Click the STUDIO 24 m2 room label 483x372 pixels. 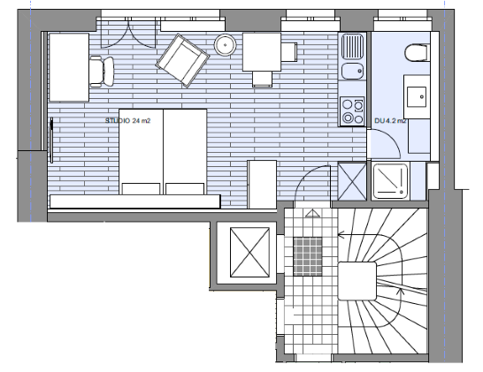click(128, 121)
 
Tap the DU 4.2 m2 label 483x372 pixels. click(390, 121)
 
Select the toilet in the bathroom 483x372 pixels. click(416, 53)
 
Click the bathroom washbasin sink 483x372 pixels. click(417, 97)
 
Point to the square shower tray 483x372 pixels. click(391, 181)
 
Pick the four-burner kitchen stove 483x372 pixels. click(352, 111)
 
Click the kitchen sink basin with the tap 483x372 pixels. click(352, 72)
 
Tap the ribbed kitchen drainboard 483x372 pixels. click(352, 47)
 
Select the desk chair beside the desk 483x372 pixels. click(103, 72)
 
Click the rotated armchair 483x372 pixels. click(182, 61)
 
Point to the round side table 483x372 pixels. click(226, 45)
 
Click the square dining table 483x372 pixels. click(262, 52)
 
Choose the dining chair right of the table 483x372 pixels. click(289, 52)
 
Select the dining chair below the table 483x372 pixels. click(262, 79)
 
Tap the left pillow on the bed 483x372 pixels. click(141, 188)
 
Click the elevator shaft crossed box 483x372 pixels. click(249, 252)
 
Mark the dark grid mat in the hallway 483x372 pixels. click(308, 256)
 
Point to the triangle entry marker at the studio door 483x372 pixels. click(312, 213)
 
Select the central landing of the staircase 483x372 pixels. click(357, 281)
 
